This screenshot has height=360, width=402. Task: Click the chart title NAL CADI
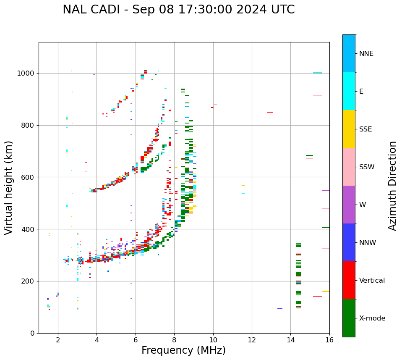point(178,10)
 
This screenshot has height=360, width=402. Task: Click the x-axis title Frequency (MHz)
point(183,350)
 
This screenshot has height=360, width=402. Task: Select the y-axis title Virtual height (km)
point(9,187)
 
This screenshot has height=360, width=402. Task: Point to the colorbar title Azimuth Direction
point(392,186)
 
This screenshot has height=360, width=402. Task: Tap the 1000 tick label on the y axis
point(26,73)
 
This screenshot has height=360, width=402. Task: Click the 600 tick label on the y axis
point(27,177)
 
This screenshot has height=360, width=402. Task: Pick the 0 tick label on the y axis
point(32,333)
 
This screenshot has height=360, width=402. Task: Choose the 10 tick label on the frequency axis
point(213,340)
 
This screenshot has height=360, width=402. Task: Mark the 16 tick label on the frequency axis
point(329,340)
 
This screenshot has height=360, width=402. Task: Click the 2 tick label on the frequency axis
point(58,340)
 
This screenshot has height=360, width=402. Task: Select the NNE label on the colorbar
point(366,54)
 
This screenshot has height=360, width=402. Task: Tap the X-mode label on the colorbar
point(372,318)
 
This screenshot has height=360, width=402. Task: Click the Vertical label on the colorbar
point(372,281)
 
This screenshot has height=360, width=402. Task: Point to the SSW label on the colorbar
point(367,167)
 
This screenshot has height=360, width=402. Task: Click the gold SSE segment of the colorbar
point(349,129)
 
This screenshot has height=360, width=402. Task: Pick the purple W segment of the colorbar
point(349,205)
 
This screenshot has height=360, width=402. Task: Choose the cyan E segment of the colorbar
point(349,91)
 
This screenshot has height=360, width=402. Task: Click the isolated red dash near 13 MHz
point(270,112)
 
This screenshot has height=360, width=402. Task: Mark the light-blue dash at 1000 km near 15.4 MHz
point(318,73)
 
